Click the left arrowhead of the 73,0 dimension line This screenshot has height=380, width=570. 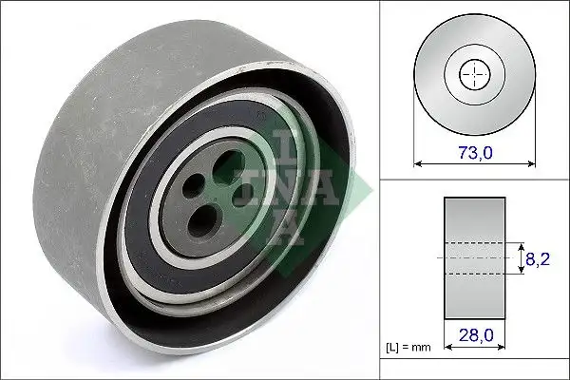click(418, 164)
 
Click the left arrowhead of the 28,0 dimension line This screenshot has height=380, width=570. click(446, 349)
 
